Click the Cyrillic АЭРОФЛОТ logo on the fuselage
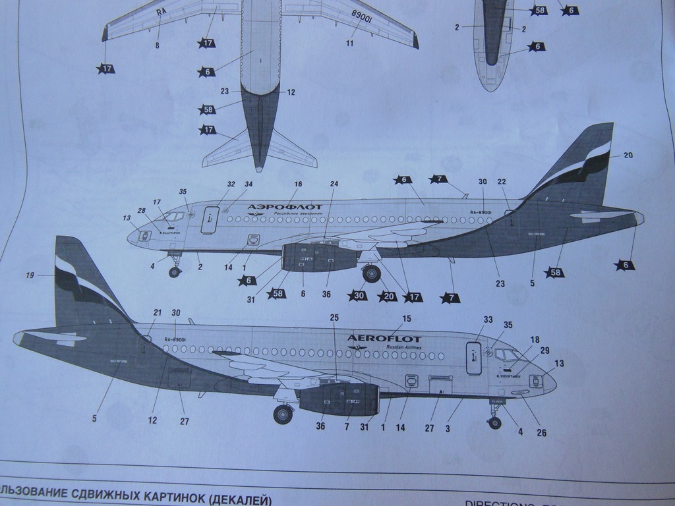tap(276, 207)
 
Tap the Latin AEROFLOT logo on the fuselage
tap(384, 339)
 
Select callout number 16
tap(298, 184)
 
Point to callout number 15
tap(406, 319)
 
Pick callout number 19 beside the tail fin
tap(30, 275)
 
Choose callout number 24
tap(334, 184)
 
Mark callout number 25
tap(334, 318)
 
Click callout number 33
tap(488, 320)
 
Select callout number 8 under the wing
tap(157, 45)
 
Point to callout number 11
tap(350, 43)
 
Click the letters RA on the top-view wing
tap(161, 12)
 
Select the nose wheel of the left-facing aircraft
tap(175, 271)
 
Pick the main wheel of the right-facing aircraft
tap(283, 414)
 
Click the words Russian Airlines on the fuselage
tap(400, 347)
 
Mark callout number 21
tap(158, 313)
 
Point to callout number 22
tap(502, 183)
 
